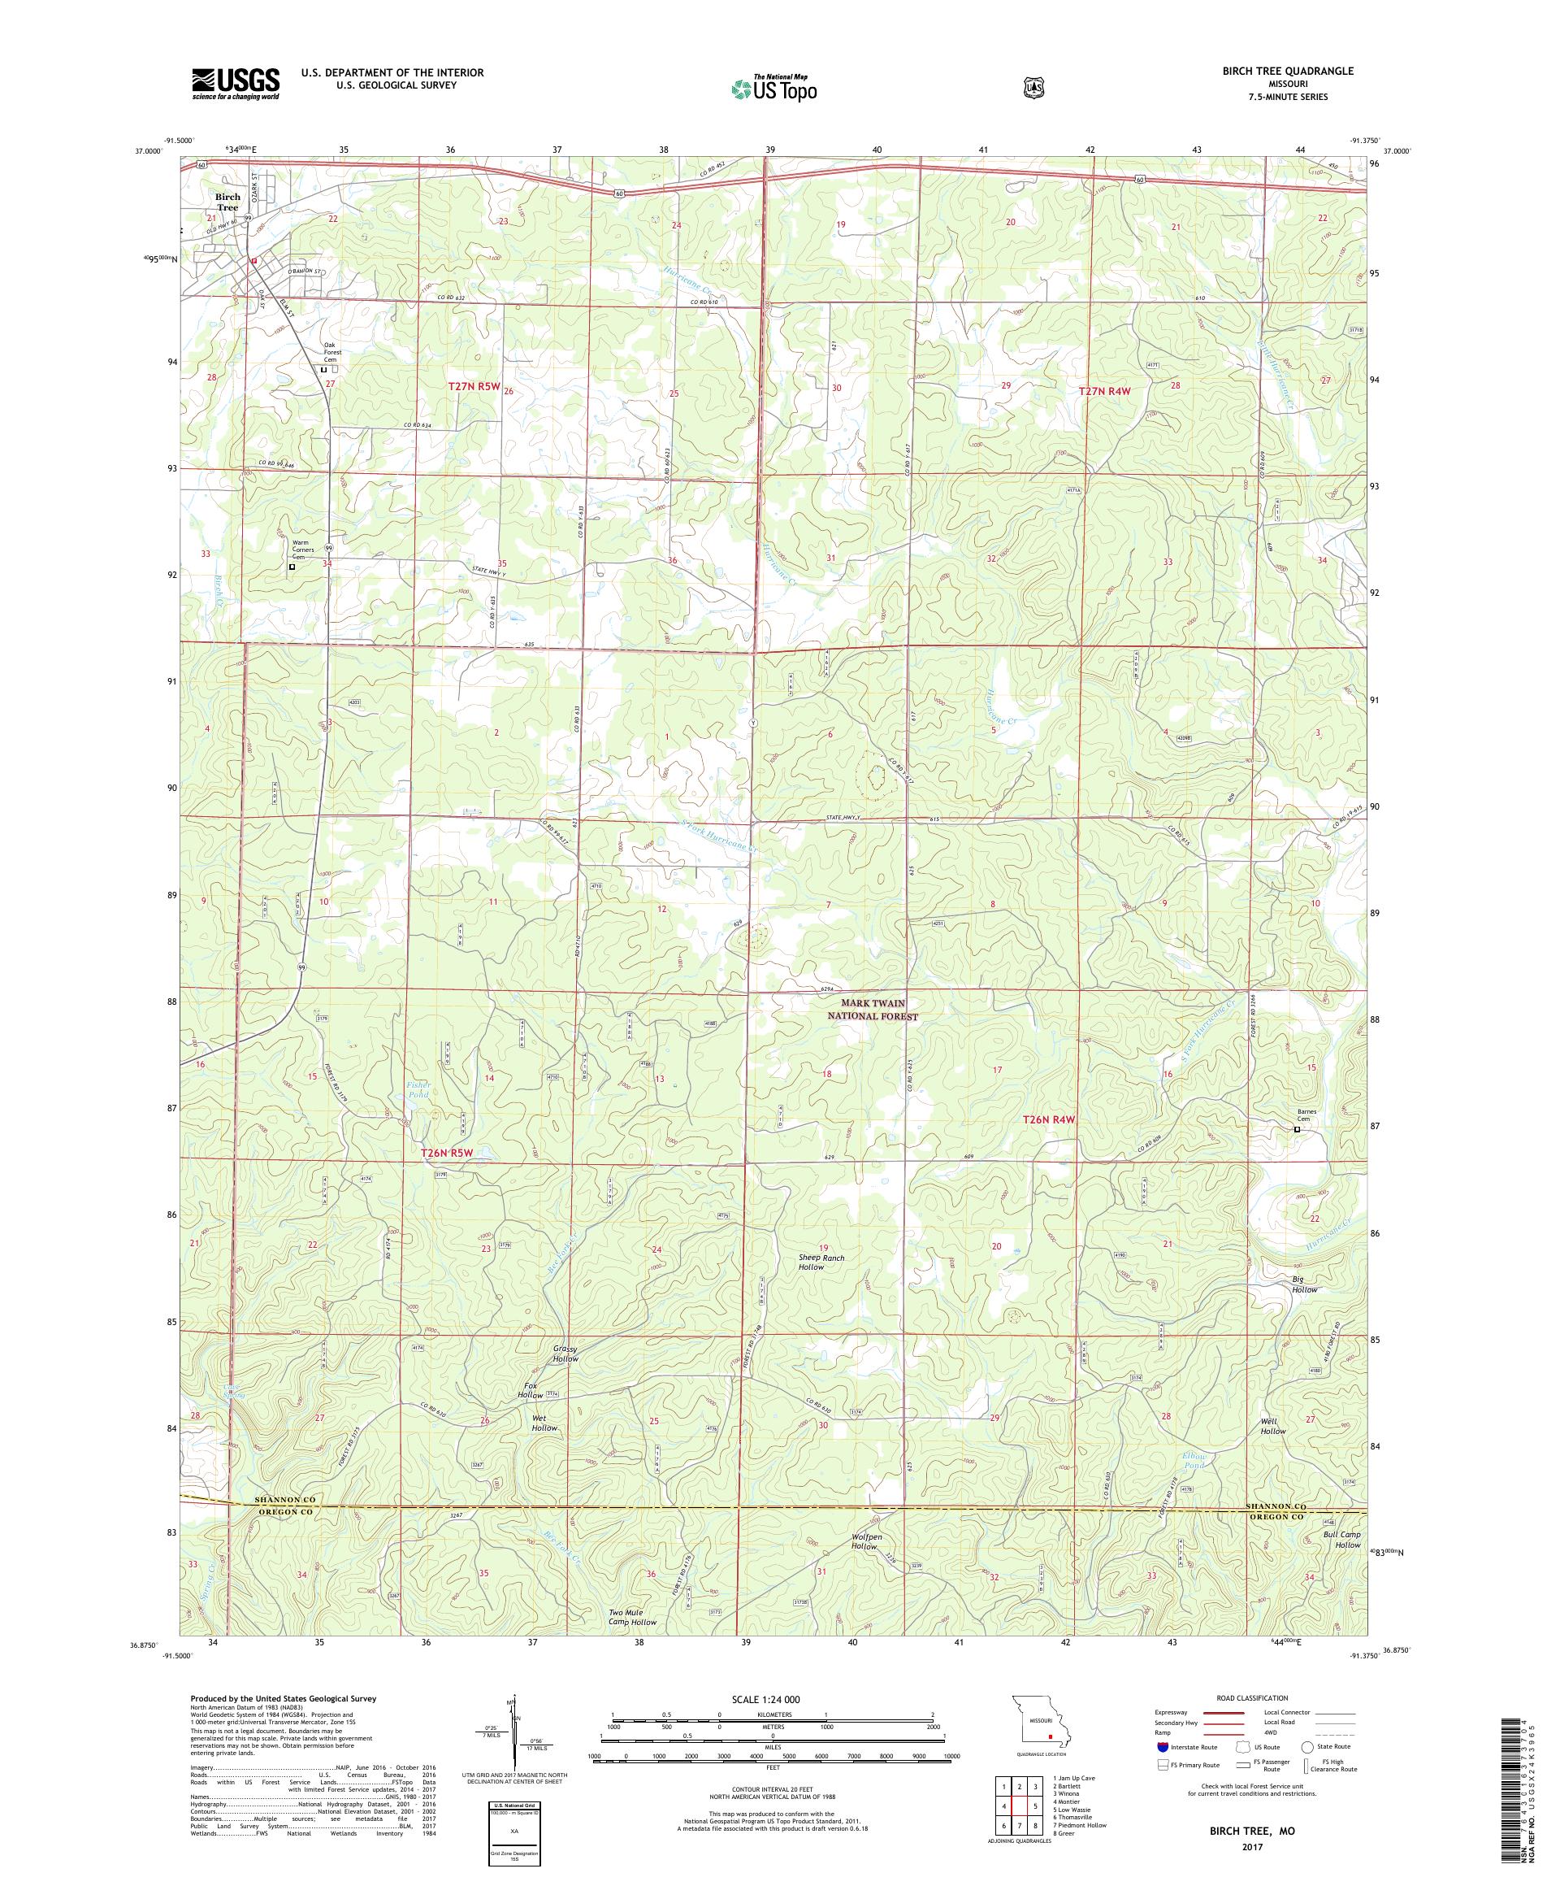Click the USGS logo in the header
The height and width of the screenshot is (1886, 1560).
pos(235,84)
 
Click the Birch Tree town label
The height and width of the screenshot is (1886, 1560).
pos(227,202)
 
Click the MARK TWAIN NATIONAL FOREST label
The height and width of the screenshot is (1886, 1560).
pos(879,1010)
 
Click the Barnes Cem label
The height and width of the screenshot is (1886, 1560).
pos(1311,1115)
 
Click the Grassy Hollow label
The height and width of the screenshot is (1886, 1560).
pos(565,1354)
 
